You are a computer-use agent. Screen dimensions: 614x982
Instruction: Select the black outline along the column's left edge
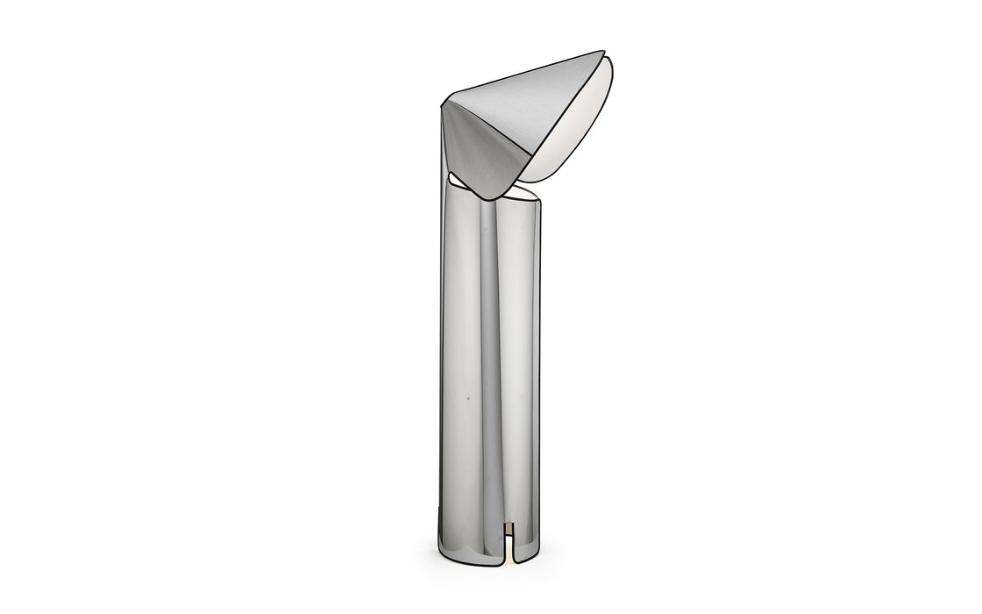(x=438, y=351)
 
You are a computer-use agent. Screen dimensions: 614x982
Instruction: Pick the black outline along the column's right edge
(x=540, y=351)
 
